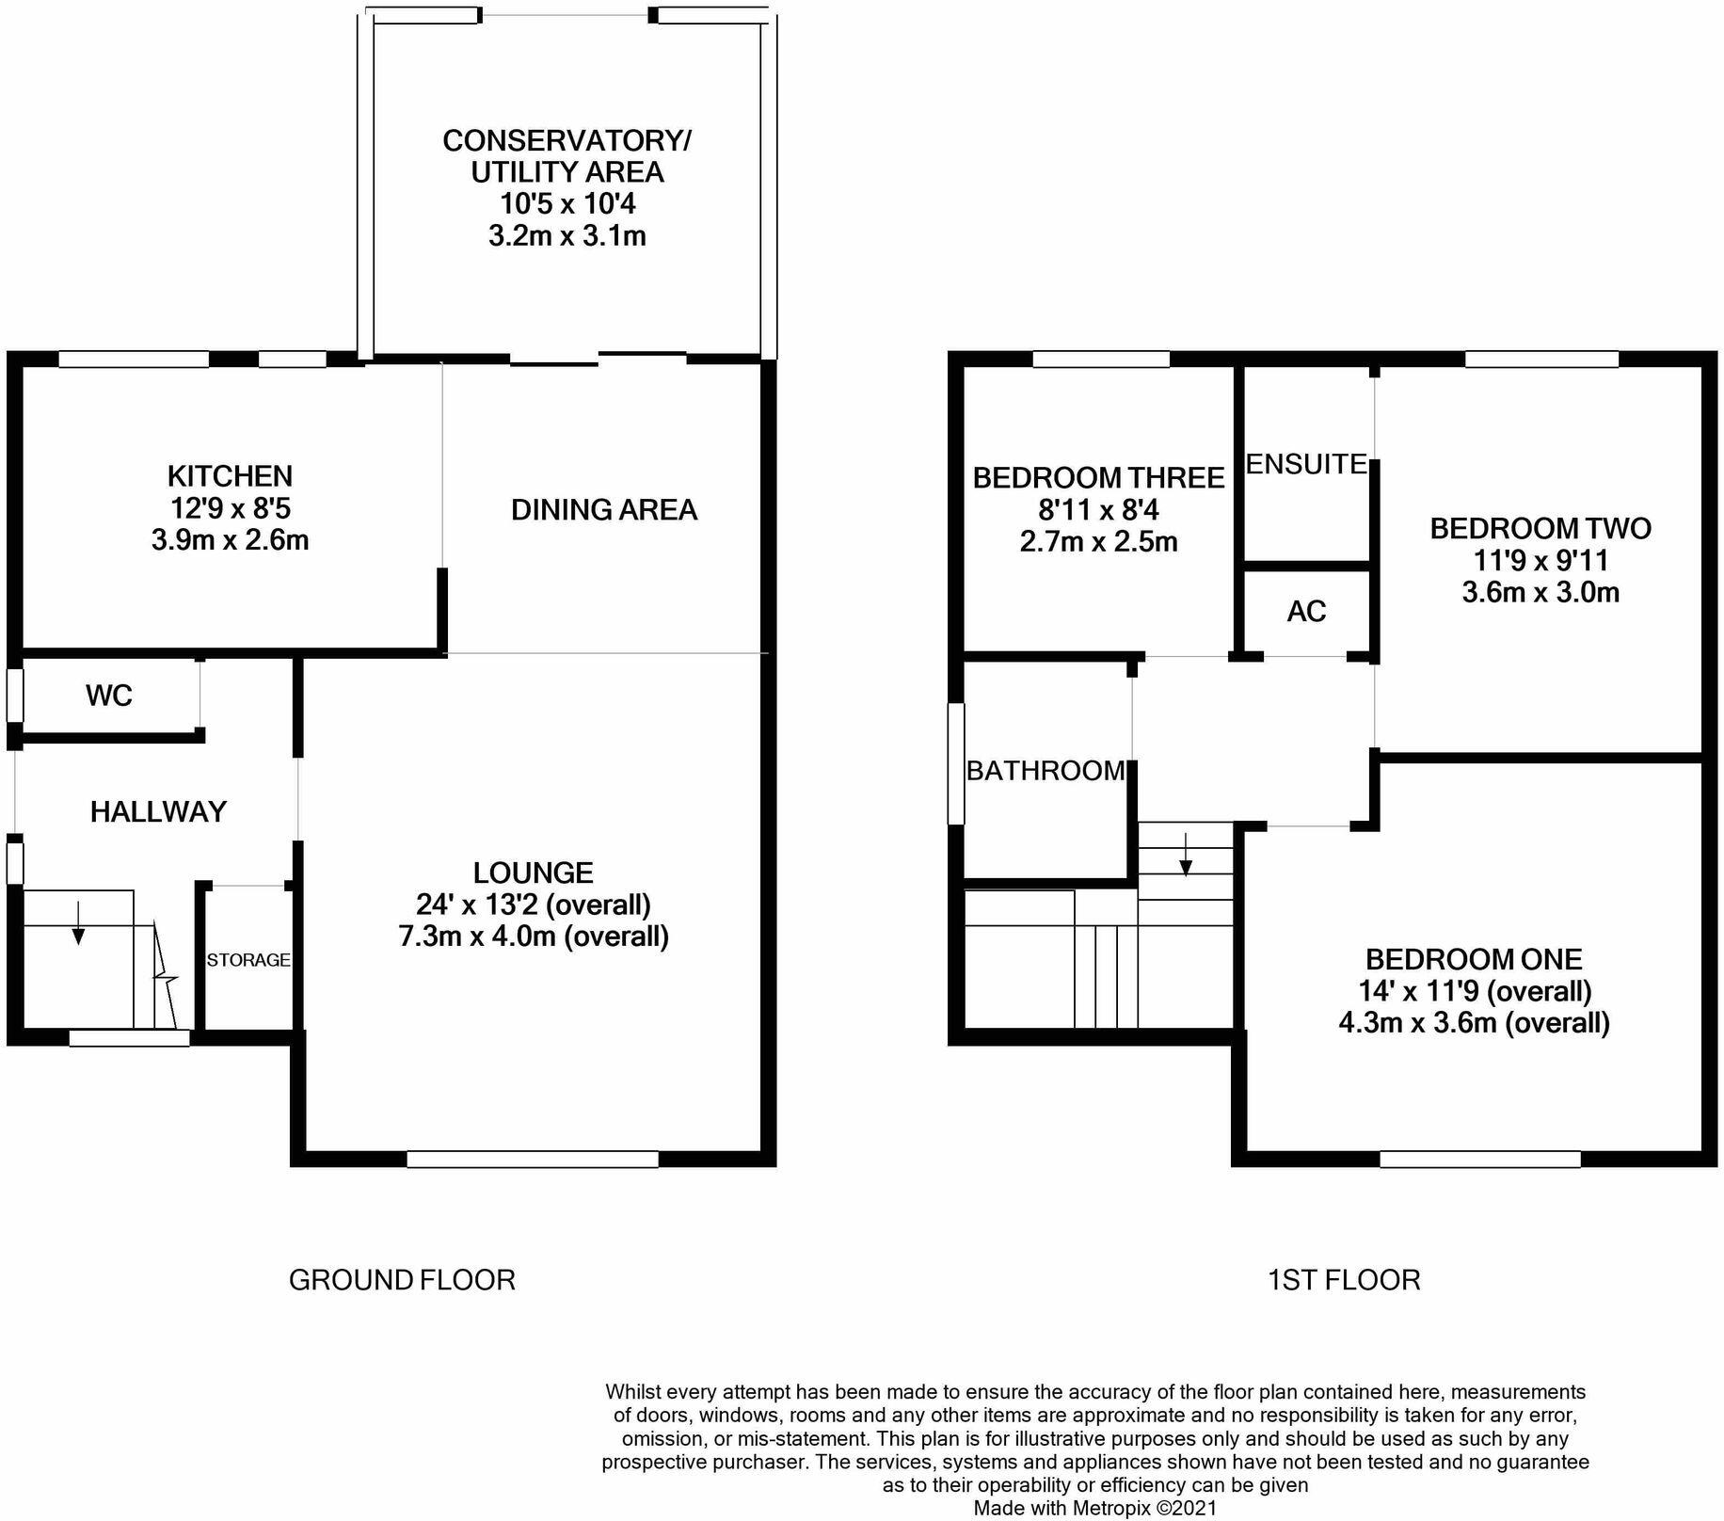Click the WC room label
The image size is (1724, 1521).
point(108,696)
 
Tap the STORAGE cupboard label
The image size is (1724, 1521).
point(248,960)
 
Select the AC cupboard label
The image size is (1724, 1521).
point(1306,612)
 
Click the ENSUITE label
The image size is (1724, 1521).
point(1306,464)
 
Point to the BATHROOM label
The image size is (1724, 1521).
point(1046,771)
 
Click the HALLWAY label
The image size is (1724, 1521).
point(158,811)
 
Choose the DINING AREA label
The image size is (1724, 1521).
point(604,510)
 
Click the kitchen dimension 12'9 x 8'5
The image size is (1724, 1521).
point(230,509)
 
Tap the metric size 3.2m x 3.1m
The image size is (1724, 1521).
point(567,235)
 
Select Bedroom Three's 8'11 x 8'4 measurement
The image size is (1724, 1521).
point(1098,510)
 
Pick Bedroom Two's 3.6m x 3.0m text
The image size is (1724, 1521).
point(1540,592)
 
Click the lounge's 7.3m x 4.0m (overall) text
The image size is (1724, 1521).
point(534,937)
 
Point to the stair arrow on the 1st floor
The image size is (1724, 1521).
point(1186,854)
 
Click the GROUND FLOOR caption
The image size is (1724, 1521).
point(402,1280)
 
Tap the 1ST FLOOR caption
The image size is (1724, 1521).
point(1344,1280)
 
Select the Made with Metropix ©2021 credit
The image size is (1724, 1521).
point(1095,1509)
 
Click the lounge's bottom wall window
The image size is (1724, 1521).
point(533,1160)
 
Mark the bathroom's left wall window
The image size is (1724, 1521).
point(956,764)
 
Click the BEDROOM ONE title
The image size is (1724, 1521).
point(1474,959)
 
